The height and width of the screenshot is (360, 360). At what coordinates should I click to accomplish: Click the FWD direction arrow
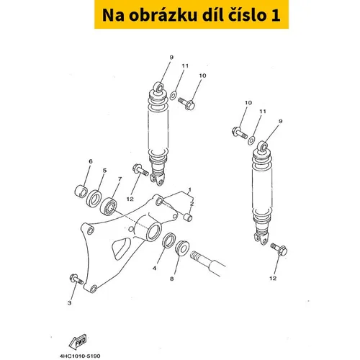click(78, 341)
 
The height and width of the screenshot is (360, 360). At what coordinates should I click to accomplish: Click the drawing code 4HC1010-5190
click(80, 356)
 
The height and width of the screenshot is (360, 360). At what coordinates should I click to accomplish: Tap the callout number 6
click(91, 161)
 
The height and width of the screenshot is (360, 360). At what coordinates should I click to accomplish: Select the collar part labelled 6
click(81, 192)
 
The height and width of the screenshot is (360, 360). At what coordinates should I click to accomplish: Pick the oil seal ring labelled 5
click(94, 199)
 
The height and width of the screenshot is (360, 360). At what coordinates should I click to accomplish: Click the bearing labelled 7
click(108, 206)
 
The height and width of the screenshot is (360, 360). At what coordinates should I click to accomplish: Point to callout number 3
click(69, 303)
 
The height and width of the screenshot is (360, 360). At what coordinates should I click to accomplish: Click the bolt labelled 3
click(76, 279)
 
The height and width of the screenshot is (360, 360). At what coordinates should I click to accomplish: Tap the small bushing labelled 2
click(188, 217)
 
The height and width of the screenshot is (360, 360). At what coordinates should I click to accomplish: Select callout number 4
click(154, 268)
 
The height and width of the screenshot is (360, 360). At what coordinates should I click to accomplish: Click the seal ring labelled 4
click(169, 240)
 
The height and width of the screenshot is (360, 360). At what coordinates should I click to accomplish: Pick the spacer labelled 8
click(181, 248)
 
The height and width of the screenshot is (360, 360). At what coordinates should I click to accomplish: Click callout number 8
click(172, 279)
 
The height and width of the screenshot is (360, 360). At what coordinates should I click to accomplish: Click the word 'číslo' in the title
click(247, 15)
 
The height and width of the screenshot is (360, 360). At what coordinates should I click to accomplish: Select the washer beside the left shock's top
click(174, 95)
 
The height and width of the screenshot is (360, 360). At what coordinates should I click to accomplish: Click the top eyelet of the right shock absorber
click(262, 146)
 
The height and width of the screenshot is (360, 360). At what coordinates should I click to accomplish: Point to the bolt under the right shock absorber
click(279, 249)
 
